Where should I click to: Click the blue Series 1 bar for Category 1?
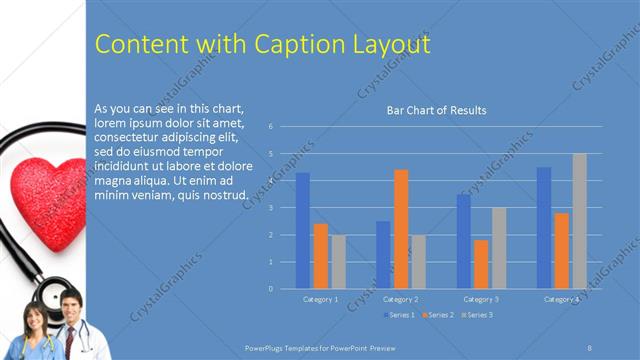[x=302, y=231]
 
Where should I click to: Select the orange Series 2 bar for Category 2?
[x=400, y=229]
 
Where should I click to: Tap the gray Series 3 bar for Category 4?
[x=579, y=221]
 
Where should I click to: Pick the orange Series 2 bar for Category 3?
[x=481, y=264]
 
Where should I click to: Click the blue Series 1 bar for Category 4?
[x=544, y=228]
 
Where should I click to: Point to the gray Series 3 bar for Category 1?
[x=338, y=262]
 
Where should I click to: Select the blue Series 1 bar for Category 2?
[x=383, y=255]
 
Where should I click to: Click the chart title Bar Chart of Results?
[x=436, y=110]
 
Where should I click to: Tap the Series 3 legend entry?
[x=476, y=315]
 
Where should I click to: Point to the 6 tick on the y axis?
[x=270, y=127]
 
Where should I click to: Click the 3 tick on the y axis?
[x=270, y=208]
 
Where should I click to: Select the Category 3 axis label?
[x=481, y=299]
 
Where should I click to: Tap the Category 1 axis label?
[x=320, y=299]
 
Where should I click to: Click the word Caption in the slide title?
[x=288, y=45]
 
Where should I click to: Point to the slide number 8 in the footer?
[x=590, y=346]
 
